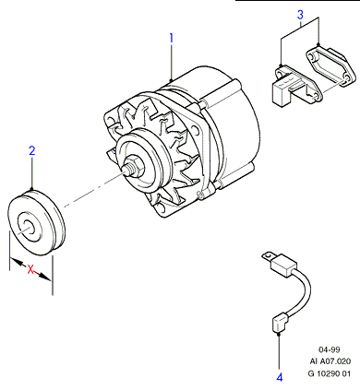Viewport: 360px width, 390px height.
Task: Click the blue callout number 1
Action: click(172, 38)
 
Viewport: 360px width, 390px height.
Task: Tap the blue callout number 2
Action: click(32, 151)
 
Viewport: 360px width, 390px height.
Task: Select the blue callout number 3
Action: click(300, 15)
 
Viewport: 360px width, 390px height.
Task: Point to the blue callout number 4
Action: click(280, 377)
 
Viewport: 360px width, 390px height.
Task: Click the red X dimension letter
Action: click(30, 269)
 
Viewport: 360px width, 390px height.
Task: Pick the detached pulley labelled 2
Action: click(36, 223)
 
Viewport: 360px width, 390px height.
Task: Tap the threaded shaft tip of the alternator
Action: click(126, 170)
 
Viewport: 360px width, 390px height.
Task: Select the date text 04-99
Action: click(329, 349)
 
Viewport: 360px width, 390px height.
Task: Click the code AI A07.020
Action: click(330, 361)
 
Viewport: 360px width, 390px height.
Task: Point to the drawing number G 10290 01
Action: click(330, 373)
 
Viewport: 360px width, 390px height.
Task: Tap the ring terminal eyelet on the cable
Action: click(268, 255)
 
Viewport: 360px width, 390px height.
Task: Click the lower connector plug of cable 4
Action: click(280, 324)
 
